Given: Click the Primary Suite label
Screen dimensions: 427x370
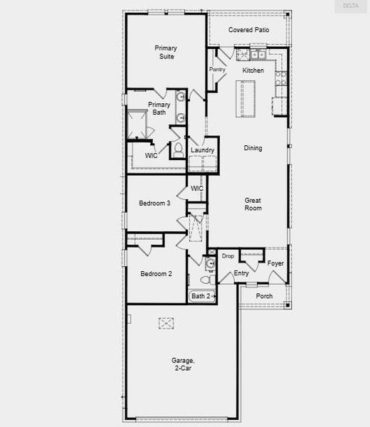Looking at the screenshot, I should coord(166,52).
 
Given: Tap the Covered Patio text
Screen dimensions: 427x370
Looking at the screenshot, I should coord(248,30).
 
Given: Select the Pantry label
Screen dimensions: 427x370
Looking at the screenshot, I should coord(217,70).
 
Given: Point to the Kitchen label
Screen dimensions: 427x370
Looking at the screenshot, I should coord(253,70).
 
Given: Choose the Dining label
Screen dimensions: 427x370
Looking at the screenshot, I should coord(253,148).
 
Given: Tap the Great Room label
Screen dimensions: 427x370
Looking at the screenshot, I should coord(253,204).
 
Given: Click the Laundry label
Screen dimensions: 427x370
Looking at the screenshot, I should coord(202,150).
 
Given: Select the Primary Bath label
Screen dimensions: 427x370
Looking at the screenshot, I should coord(159,108).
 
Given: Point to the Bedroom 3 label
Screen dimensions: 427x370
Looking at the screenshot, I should coord(154,203).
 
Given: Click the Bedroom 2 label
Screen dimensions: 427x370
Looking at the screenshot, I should coord(155,273).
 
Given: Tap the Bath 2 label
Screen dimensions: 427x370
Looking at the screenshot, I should coord(200,295).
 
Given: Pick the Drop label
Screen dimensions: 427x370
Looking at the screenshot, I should coord(228,255).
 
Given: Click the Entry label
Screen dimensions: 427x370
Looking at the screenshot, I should coord(241,273).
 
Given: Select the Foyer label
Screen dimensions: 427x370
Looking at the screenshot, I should coord(275,263).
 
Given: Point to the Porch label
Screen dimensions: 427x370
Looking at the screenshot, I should coord(264,296).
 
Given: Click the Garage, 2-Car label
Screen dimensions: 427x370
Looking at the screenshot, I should coord(183,364).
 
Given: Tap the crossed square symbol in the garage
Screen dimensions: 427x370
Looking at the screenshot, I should coord(166,323).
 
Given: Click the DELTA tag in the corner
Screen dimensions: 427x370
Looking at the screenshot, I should coord(351,6).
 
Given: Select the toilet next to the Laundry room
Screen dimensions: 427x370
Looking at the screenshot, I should coord(178,150).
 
